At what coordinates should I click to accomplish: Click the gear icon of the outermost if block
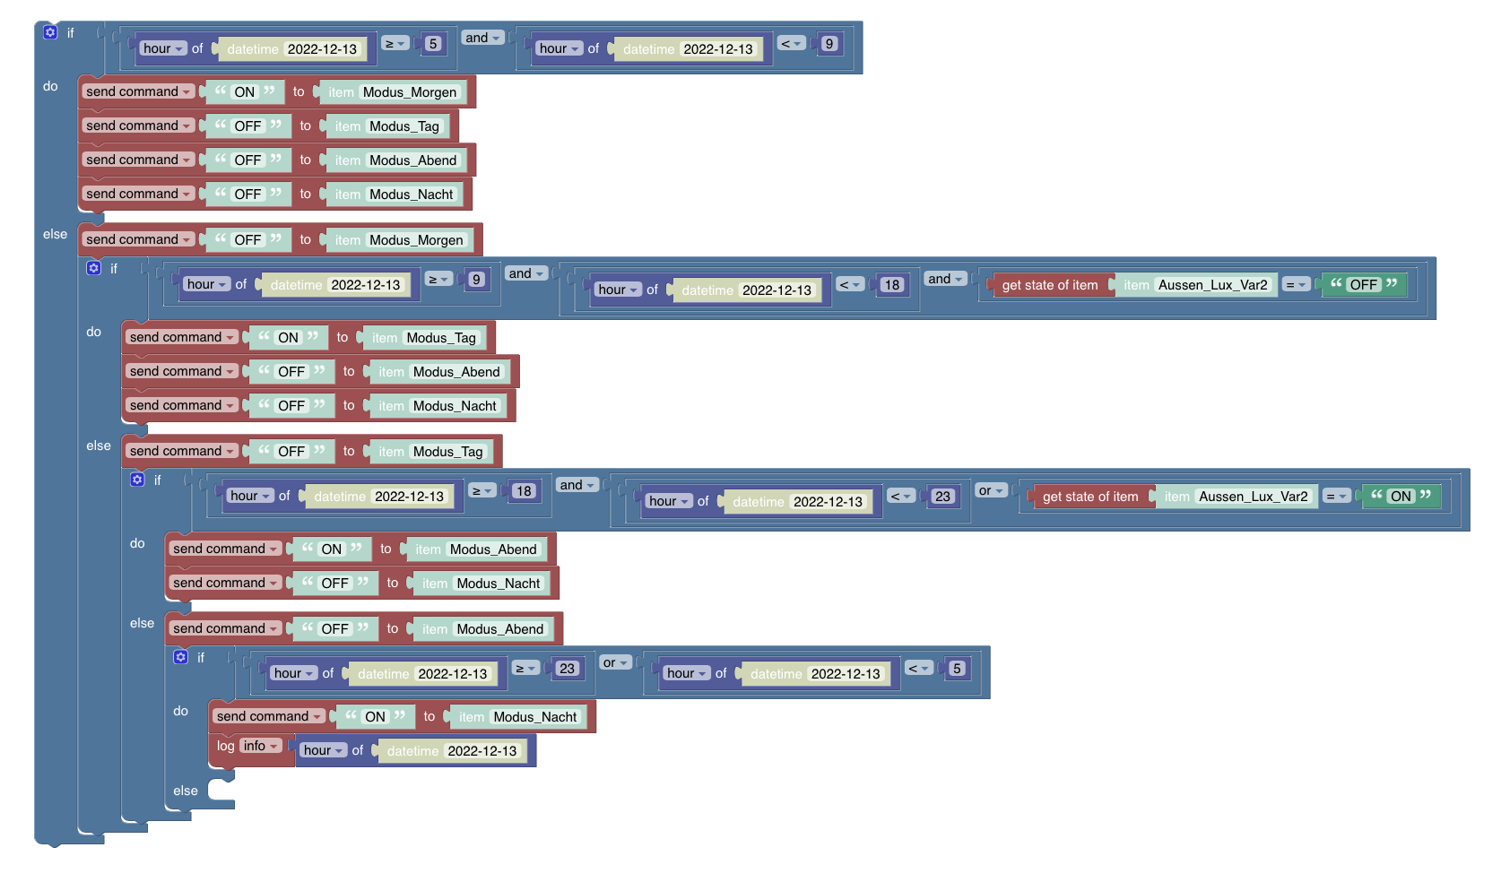50,32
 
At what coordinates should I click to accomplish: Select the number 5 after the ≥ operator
434,44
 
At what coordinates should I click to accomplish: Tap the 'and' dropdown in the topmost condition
482,38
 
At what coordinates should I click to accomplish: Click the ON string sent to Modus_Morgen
245,91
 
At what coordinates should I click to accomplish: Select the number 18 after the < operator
891,285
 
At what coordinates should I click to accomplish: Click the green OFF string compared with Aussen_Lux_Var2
1364,285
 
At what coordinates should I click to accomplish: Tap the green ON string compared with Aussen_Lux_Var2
1401,497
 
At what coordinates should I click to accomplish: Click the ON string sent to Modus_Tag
288,338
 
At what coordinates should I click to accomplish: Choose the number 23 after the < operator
942,497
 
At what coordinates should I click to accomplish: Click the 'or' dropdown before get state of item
991,490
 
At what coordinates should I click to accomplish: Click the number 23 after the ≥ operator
567,669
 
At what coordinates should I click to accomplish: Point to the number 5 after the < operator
957,669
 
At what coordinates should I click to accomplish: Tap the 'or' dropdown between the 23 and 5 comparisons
615,662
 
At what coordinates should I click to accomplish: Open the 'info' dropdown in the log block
260,746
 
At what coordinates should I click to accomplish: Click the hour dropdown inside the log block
323,750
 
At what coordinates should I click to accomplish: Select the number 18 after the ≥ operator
524,491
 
